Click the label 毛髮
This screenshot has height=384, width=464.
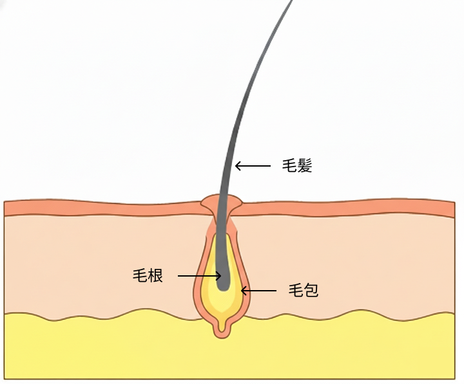tap(297, 165)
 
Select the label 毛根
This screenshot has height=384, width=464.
tap(148, 276)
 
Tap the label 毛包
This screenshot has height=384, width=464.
tap(303, 291)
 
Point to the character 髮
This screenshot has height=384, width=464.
tap(305, 165)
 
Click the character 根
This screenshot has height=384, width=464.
tap(155, 276)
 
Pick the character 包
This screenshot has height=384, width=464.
tap(311, 291)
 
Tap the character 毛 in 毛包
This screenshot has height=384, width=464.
tap(295, 291)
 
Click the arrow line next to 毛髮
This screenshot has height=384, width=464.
tap(255, 166)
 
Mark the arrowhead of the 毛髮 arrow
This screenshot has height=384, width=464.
tap(237, 166)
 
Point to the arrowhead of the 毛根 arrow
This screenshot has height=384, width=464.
tap(219, 277)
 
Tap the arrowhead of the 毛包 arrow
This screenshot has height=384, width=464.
tap(244, 291)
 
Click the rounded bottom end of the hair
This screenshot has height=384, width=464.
tap(223, 284)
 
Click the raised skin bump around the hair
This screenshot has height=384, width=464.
tap(221, 205)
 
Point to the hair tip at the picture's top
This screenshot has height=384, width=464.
tap(291, 3)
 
